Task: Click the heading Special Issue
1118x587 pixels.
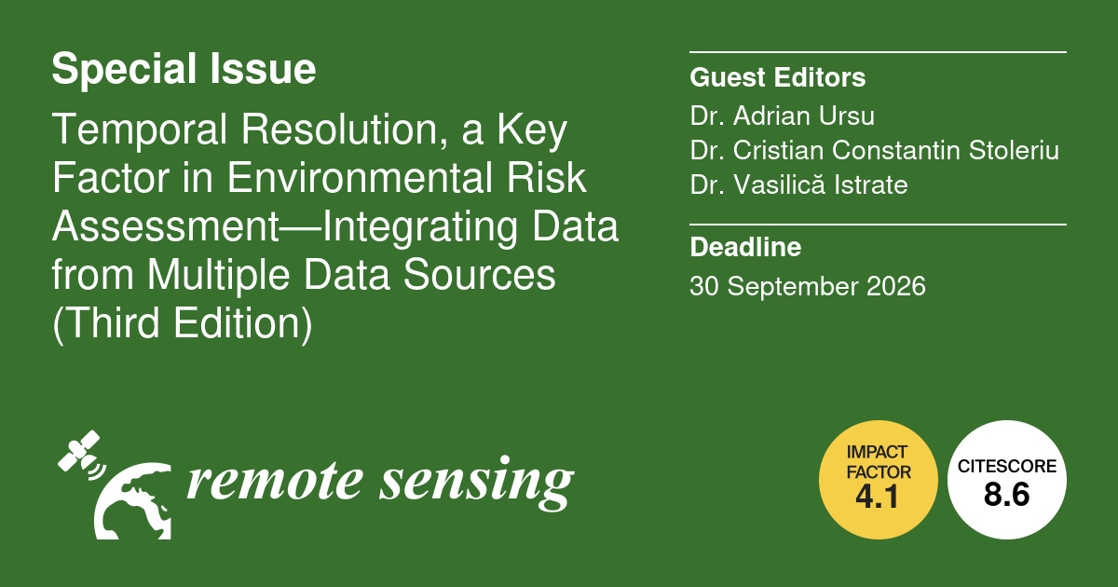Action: [x=184, y=70]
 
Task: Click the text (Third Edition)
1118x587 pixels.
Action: [x=183, y=324]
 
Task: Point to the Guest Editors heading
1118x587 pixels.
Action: [x=778, y=77]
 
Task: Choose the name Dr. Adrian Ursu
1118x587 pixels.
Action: [x=782, y=116]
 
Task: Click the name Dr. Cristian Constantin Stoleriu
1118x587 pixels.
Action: [x=875, y=150]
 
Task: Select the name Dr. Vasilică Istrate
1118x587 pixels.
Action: [x=798, y=184]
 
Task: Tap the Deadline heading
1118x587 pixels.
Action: [x=745, y=247]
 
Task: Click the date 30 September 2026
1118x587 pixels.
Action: [x=808, y=287]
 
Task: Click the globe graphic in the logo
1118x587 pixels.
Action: [x=132, y=501]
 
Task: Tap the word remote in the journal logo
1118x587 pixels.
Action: [x=275, y=483]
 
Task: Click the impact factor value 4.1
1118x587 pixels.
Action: [x=878, y=497]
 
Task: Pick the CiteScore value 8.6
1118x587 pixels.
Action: [x=1007, y=494]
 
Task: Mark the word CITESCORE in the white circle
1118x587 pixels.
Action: [x=1007, y=466]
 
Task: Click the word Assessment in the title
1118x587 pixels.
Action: [x=166, y=226]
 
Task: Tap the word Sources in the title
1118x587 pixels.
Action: [x=479, y=275]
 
